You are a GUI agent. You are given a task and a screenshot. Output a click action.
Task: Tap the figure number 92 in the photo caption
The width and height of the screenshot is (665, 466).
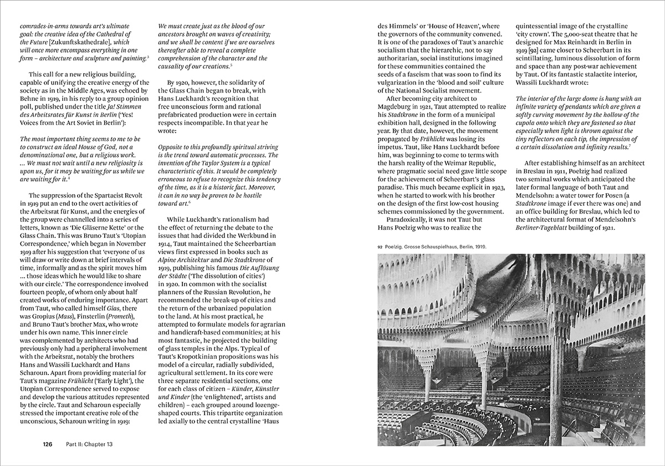pyautogui.click(x=380, y=246)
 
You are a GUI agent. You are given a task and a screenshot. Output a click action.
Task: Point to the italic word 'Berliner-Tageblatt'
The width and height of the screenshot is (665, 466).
pyautogui.click(x=549, y=227)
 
